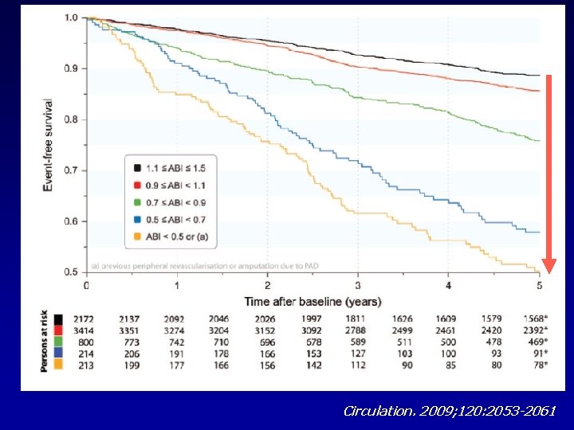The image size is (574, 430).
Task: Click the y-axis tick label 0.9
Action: (70, 68)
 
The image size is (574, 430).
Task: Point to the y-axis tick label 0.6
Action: (70, 221)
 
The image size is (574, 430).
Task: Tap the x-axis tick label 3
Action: (358, 286)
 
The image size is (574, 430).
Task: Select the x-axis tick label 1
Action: (177, 286)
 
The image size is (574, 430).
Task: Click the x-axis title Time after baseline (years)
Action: (313, 302)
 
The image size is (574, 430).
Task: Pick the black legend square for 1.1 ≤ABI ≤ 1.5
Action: (137, 168)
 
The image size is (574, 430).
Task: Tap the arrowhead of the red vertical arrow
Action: (548, 266)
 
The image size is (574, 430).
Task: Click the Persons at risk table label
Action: (45, 340)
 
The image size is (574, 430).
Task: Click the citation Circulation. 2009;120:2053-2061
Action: (449, 411)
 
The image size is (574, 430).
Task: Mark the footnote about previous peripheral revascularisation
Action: (199, 264)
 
